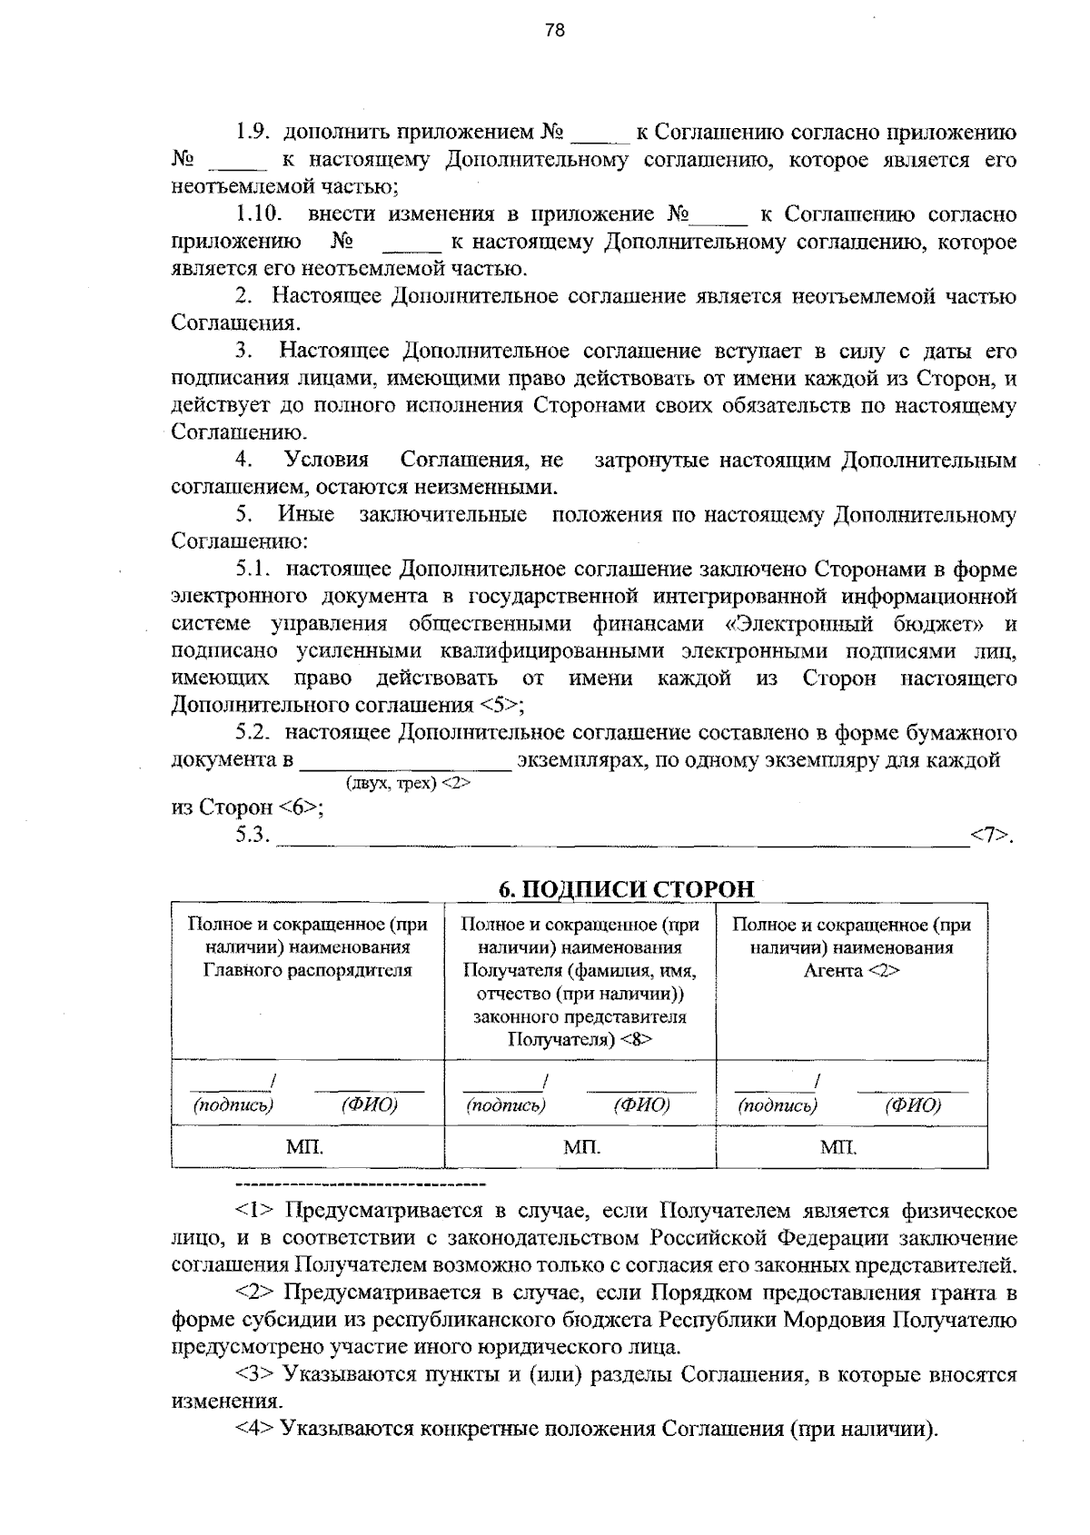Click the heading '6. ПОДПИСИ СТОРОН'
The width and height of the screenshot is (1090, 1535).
[x=627, y=888]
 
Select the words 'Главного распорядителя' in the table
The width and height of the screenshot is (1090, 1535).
[x=307, y=970]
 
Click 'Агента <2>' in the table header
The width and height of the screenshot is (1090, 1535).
[x=851, y=970]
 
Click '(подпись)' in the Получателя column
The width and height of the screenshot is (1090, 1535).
[x=505, y=1105]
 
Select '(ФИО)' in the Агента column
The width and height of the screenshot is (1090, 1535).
[x=912, y=1105]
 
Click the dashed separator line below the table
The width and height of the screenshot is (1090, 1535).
[x=361, y=1183]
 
